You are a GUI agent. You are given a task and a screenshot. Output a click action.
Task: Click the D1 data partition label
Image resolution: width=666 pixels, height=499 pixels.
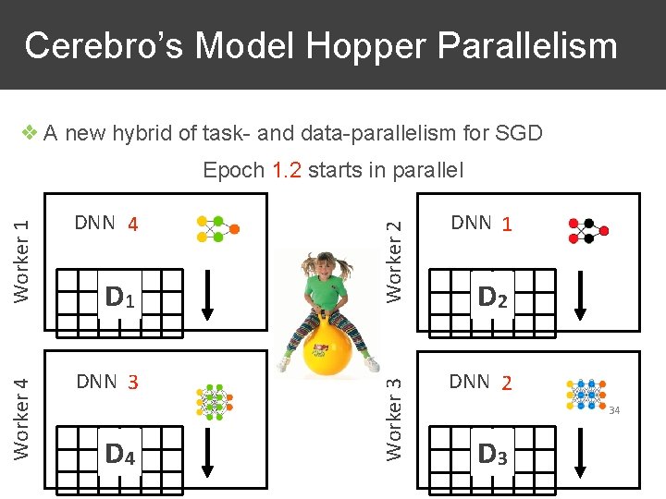(121, 297)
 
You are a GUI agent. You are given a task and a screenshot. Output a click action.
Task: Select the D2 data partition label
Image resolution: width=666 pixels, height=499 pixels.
(491, 297)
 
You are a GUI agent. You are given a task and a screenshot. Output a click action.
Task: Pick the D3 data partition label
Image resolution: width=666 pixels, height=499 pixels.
(491, 454)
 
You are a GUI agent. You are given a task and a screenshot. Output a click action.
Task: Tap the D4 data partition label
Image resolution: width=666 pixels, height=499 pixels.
(121, 454)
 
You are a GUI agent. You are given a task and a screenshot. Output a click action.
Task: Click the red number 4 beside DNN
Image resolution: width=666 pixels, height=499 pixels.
(133, 225)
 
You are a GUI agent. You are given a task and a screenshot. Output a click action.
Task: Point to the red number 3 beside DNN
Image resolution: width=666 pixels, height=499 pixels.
(133, 382)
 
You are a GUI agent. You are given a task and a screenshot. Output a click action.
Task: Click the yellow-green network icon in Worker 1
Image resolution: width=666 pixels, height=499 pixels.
(217, 228)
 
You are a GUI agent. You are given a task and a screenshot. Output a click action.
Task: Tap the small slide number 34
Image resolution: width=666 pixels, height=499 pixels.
(614, 409)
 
